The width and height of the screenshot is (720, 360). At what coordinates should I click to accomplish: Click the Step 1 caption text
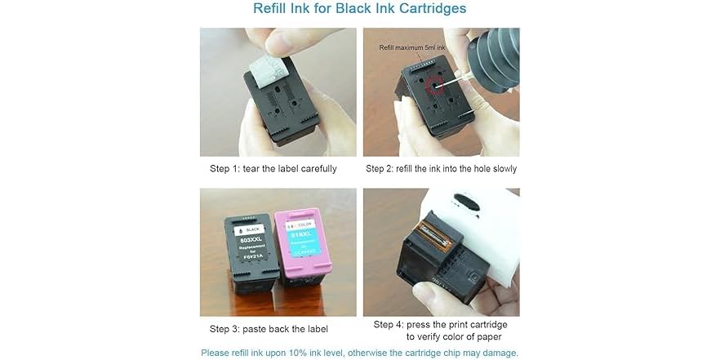(273, 169)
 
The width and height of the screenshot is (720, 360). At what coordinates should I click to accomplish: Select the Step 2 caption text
(441, 169)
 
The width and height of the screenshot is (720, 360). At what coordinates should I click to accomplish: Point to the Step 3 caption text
(269, 329)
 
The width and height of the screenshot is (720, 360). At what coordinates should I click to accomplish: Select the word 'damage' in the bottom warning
(500, 353)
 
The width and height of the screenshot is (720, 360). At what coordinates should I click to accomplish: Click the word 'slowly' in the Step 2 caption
(500, 169)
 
